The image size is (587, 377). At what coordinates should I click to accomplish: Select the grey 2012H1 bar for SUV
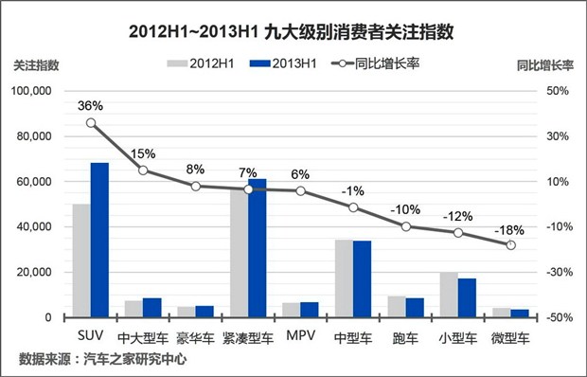click(x=81, y=260)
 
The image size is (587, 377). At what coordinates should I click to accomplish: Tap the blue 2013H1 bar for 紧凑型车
click(x=257, y=248)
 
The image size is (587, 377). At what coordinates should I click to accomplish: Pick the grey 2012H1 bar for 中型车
click(x=344, y=278)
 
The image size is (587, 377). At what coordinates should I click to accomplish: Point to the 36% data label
click(x=91, y=105)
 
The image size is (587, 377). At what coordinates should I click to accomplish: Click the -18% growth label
click(x=510, y=227)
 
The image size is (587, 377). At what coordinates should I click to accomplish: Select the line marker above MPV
click(x=301, y=190)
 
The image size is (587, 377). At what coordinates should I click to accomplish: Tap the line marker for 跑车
click(x=406, y=226)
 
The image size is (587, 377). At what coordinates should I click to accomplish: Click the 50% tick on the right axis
click(x=557, y=91)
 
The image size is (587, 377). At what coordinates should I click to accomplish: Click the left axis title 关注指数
click(x=36, y=65)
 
